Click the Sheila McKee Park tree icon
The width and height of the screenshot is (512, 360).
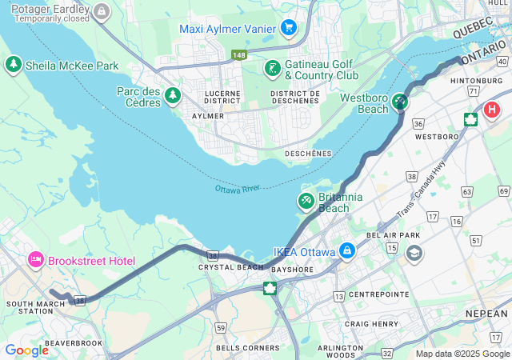(14, 65)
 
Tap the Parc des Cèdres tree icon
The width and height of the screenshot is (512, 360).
(172, 97)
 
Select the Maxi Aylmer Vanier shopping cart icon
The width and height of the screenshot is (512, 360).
(289, 29)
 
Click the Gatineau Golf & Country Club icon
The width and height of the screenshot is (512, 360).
(272, 69)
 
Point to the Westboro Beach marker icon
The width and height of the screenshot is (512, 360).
(399, 102)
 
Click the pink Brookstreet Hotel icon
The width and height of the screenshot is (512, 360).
(35, 261)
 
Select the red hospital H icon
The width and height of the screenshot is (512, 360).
(490, 110)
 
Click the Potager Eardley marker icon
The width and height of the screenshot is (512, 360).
(101, 11)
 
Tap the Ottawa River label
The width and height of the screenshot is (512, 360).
(238, 189)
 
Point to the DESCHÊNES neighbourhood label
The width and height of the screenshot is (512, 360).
(308, 153)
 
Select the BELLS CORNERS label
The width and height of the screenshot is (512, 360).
(248, 347)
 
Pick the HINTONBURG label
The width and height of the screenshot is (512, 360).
(476, 82)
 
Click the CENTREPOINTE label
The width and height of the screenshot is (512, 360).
(378, 294)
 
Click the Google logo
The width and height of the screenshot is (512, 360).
(26, 350)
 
